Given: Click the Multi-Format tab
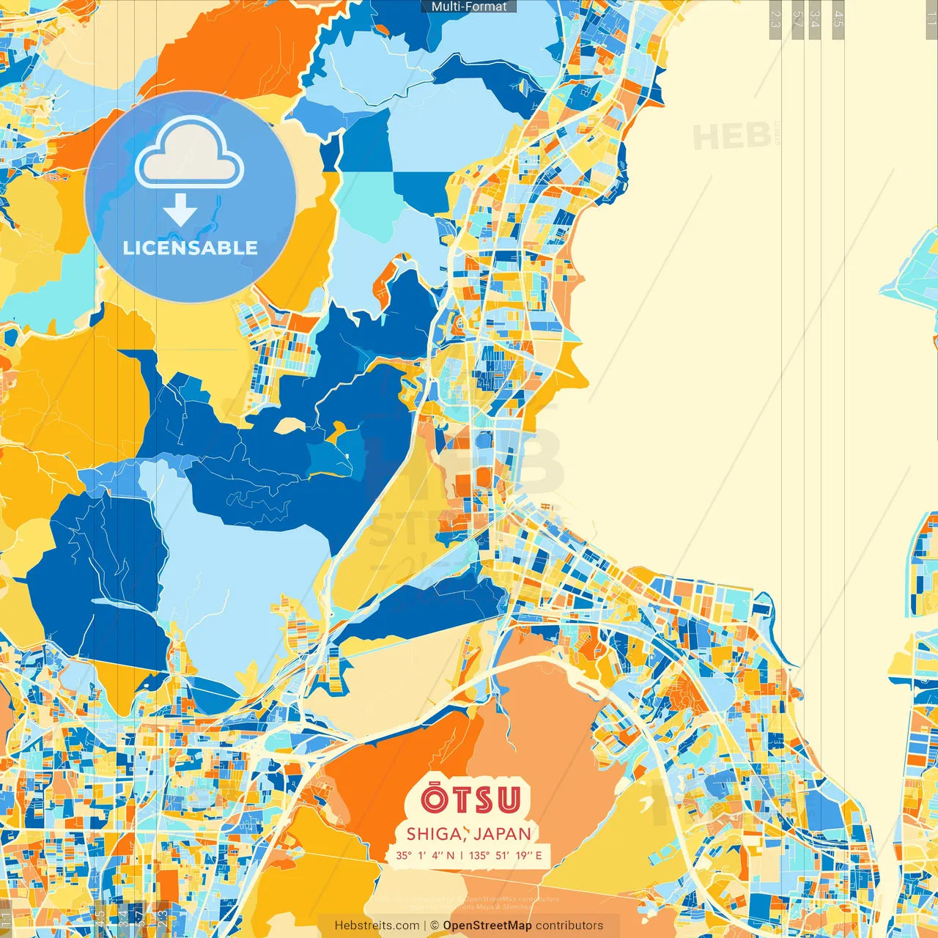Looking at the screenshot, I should tap(469, 7).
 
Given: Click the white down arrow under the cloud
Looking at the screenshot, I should tap(180, 210).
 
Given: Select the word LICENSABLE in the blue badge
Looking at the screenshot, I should tap(191, 248).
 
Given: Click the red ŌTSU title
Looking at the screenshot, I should tap(471, 799).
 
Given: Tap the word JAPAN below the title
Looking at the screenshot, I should tap(503, 834).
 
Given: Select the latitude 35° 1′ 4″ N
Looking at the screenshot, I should tap(425, 855).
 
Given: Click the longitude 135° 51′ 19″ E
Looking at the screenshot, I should tap(506, 855).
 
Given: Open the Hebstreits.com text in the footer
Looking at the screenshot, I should tap(377, 926).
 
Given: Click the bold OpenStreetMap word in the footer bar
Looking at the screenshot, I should tap(487, 926).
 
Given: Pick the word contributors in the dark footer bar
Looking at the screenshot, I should tap(569, 926).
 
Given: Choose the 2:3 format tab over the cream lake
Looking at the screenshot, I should tap(775, 19).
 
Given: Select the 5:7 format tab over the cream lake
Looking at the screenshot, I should tap(797, 19).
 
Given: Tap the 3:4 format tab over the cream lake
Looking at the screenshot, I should tap(816, 19).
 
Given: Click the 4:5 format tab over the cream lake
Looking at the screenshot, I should tap(838, 19).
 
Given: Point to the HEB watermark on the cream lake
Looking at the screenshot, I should tap(731, 137).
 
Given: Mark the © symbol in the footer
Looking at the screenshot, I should tap(435, 926).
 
